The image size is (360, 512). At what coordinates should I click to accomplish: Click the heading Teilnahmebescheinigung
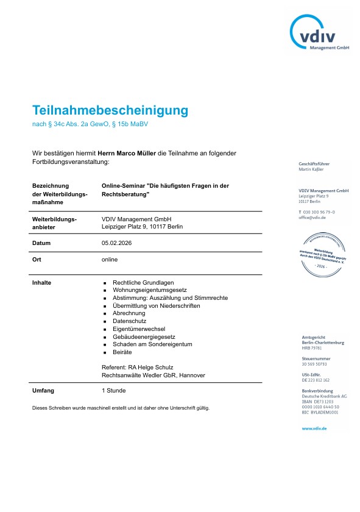pos(110,110)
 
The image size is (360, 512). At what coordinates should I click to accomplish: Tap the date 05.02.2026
pos(117,243)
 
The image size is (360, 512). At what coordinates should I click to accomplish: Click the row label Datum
pos(42,243)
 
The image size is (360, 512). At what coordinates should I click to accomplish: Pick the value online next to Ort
pos(110,259)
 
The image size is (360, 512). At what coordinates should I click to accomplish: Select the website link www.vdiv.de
pos(314,428)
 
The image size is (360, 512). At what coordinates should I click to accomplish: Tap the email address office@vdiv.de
pos(312,217)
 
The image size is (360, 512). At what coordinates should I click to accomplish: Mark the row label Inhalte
pos(41,283)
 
